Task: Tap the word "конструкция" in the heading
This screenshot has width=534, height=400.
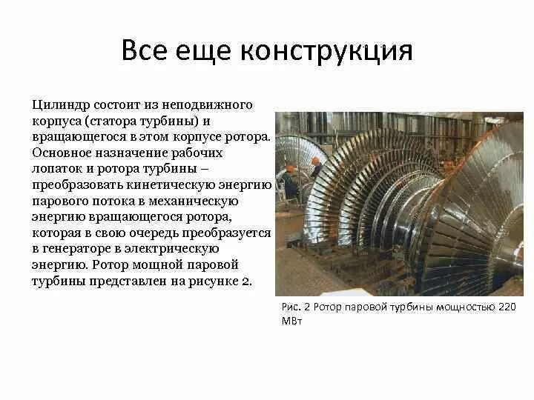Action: tap(326, 51)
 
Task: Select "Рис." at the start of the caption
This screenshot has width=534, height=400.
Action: tap(291, 307)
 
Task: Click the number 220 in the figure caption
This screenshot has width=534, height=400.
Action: tap(504, 307)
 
